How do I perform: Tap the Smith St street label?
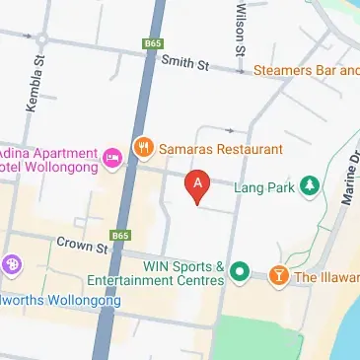187,64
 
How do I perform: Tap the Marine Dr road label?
349,183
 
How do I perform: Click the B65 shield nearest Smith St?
152,44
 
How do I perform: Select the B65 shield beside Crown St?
121,236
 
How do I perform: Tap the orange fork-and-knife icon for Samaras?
144,149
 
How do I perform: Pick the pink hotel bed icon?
112,155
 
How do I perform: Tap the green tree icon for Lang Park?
311,184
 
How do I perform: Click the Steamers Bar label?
306,70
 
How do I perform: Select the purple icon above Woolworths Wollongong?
12,264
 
